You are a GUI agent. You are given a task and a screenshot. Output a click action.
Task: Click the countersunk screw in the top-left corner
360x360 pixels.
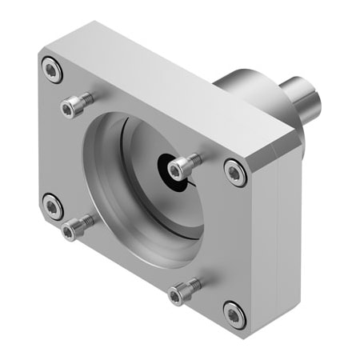coord(52,70)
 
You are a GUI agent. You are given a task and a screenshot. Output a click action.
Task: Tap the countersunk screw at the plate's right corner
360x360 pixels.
coord(234,170)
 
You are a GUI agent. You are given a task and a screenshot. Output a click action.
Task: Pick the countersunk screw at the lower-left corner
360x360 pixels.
coord(53,207)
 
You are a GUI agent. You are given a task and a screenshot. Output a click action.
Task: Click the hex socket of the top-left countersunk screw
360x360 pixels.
coord(52,70)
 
